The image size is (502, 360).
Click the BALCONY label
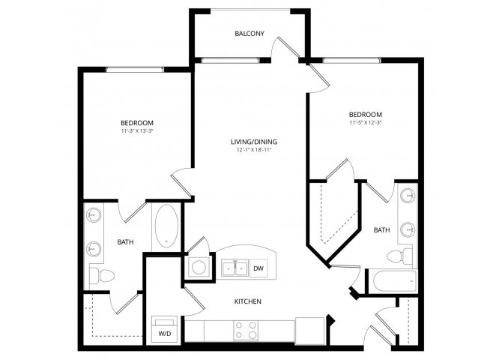(x=250, y=33)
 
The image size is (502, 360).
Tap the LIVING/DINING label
(x=254, y=142)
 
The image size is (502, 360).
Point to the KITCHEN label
(x=248, y=301)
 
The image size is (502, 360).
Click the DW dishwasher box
(x=258, y=268)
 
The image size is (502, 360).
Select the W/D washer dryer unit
(x=165, y=329)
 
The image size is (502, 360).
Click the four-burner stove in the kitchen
(x=246, y=331)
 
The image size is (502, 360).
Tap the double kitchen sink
(x=235, y=268)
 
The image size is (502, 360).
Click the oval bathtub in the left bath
(x=166, y=226)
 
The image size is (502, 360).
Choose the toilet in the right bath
(x=399, y=256)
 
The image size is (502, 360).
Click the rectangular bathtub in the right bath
(x=395, y=280)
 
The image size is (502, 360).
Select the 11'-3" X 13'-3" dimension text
(x=137, y=130)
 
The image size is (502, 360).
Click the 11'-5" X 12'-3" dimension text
(x=366, y=122)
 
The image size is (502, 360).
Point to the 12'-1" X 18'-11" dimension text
(x=254, y=149)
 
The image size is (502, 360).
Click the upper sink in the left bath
(x=94, y=215)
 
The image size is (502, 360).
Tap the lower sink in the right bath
(x=408, y=229)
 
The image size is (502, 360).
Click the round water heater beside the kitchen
(x=199, y=267)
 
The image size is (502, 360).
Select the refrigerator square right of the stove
(x=310, y=331)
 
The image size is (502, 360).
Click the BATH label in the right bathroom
(x=381, y=229)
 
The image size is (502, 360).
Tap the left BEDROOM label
(x=137, y=123)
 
